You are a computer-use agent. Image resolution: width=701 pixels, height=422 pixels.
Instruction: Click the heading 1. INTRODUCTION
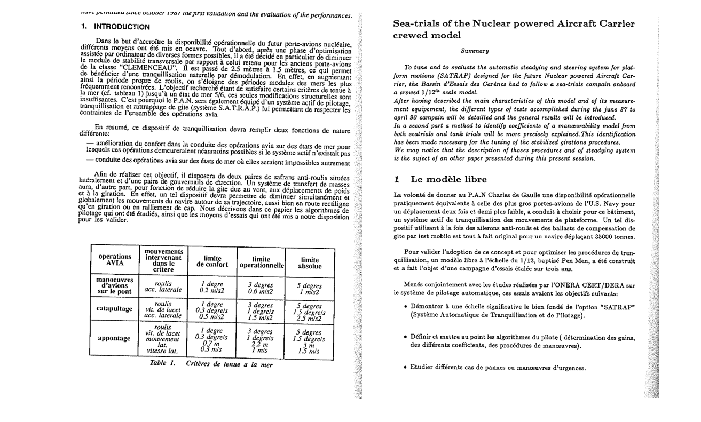[x=115, y=27]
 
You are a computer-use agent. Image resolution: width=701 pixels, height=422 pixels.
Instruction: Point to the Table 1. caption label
[x=163, y=364]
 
